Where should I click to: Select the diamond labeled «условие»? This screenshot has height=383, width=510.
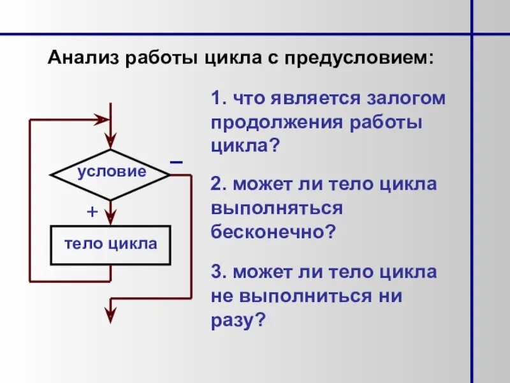tap(111, 172)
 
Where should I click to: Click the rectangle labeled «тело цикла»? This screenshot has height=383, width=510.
tap(111, 244)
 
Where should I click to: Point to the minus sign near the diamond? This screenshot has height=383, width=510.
tap(176, 163)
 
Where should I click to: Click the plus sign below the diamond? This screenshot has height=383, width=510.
tap(92, 213)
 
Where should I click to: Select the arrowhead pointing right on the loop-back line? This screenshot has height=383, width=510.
tap(101, 119)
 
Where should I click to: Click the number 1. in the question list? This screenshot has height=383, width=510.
tap(219, 100)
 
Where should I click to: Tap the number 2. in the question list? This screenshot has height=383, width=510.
tap(219, 184)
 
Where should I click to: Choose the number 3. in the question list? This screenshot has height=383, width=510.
tap(219, 273)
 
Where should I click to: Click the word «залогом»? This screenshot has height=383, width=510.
tap(407, 100)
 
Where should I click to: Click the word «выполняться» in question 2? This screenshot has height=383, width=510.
tap(277, 208)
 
